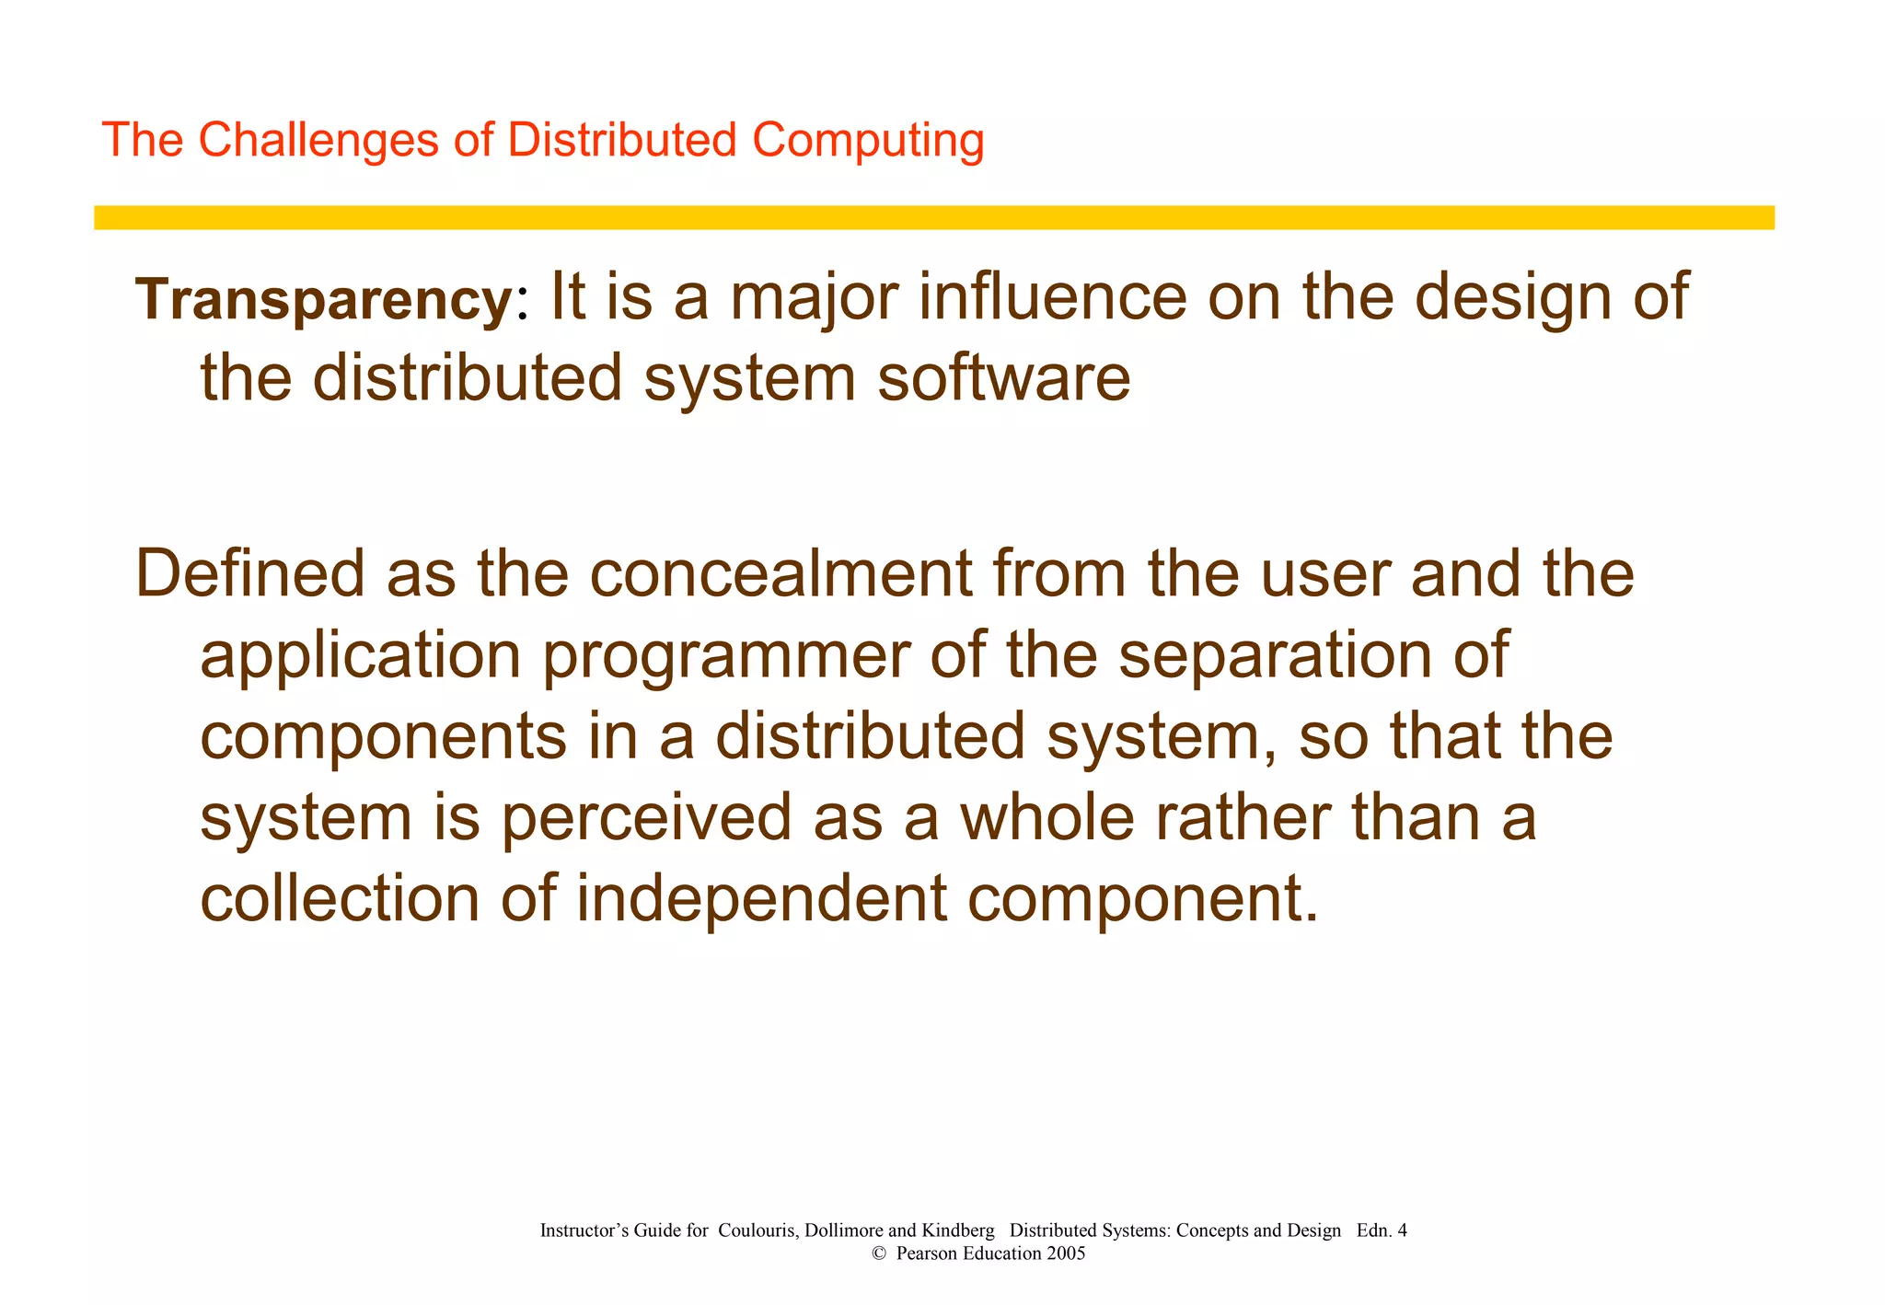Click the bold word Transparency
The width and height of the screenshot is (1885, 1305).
point(324,300)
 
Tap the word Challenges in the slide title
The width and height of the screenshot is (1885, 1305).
point(318,141)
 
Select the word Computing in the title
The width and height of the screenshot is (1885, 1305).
point(868,141)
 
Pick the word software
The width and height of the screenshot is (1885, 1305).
point(1003,378)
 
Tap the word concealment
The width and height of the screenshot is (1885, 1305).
point(781,573)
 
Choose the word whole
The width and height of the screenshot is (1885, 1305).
point(1047,816)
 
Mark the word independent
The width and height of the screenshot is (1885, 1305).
point(761,899)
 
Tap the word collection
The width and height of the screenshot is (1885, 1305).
point(340,899)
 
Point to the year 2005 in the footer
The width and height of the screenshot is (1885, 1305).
point(1066,1253)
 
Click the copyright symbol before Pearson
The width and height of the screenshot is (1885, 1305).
point(878,1253)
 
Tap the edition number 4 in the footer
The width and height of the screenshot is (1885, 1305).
point(1402,1230)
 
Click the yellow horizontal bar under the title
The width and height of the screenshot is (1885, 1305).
point(933,217)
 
